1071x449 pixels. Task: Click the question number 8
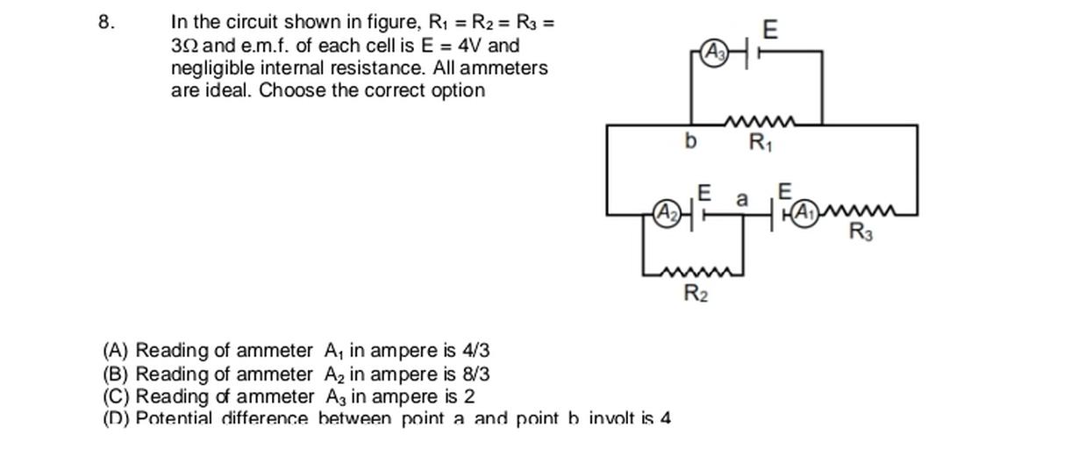pyautogui.click(x=105, y=23)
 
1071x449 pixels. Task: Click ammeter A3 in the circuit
pyautogui.click(x=715, y=53)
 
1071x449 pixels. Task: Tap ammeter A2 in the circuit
pyautogui.click(x=668, y=211)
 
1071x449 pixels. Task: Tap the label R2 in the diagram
pyautogui.click(x=696, y=294)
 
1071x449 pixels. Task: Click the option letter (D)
pyautogui.click(x=117, y=418)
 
